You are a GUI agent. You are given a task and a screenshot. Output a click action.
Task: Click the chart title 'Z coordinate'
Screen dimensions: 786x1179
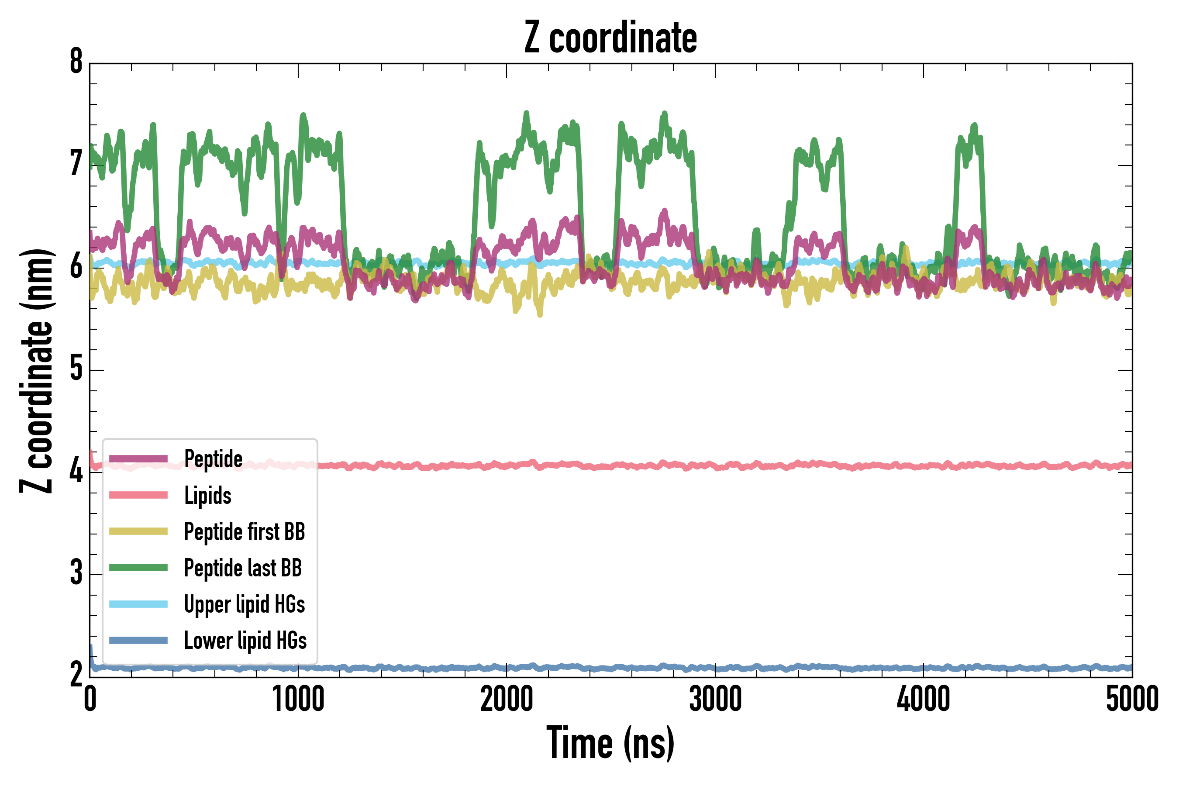[610, 38]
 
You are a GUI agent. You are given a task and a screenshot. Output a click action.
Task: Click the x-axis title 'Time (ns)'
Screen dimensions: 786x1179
[610, 743]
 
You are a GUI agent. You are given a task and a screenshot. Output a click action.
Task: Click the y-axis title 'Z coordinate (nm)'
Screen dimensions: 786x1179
[36, 371]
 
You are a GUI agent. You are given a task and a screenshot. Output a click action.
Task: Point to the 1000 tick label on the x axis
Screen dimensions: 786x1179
[298, 700]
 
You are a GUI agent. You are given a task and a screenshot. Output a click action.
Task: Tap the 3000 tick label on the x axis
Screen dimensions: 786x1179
[715, 700]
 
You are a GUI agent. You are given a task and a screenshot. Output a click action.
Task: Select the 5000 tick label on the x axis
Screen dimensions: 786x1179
[1132, 700]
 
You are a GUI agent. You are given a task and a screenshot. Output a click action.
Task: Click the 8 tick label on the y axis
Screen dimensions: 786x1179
[76, 62]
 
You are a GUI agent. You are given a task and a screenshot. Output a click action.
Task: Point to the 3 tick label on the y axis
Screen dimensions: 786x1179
[76, 573]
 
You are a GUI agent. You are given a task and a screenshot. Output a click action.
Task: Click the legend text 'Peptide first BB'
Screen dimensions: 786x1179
[244, 532]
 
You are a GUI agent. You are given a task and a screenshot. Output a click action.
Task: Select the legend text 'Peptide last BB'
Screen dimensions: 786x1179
[243, 568]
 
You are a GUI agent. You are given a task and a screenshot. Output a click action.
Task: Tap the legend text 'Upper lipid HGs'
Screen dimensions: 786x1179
[244, 604]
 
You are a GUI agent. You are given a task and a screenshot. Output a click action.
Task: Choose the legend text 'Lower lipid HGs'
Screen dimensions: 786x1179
[245, 641]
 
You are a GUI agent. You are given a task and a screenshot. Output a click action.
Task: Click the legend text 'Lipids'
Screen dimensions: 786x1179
[207, 495]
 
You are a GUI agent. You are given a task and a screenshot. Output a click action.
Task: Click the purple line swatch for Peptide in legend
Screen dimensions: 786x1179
[138, 458]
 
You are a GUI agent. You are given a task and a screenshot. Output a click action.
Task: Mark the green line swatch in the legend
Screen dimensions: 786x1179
[138, 567]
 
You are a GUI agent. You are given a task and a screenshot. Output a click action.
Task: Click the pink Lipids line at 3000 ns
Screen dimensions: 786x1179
[715, 467]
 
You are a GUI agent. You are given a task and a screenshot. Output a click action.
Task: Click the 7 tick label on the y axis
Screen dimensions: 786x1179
[76, 165]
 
